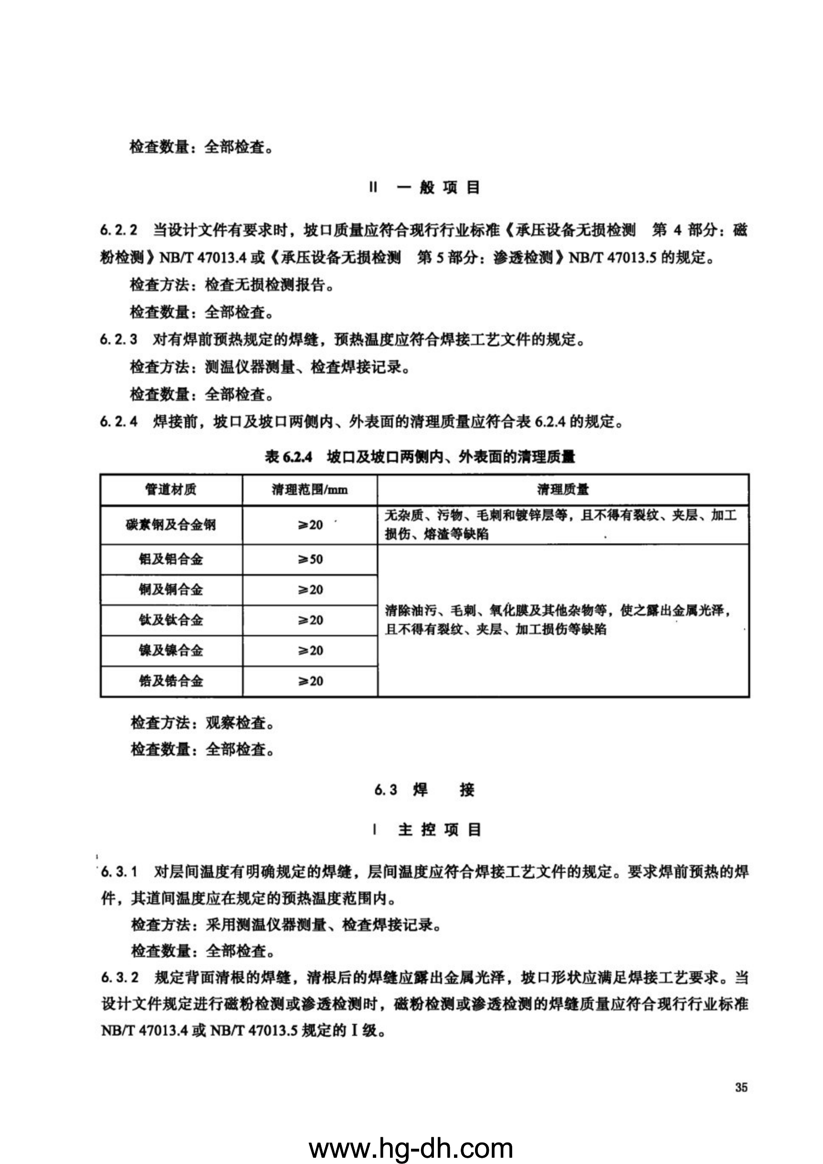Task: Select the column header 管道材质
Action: (x=171, y=489)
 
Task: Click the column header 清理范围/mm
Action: (x=309, y=489)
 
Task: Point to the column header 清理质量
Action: (x=562, y=489)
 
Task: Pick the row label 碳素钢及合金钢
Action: (x=171, y=525)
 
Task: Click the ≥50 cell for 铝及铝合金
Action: (x=310, y=559)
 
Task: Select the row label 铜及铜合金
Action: (x=171, y=589)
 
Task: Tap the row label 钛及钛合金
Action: (x=171, y=620)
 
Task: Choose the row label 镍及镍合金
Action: (x=171, y=651)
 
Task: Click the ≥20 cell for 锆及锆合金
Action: (x=310, y=681)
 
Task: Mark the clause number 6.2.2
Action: (x=118, y=231)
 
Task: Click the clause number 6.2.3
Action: (x=118, y=340)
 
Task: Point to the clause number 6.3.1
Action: (x=120, y=872)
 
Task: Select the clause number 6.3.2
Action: (x=120, y=977)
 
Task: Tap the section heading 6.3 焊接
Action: (x=424, y=790)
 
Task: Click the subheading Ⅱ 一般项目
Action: (x=424, y=188)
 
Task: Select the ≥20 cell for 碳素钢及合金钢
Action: (x=310, y=525)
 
